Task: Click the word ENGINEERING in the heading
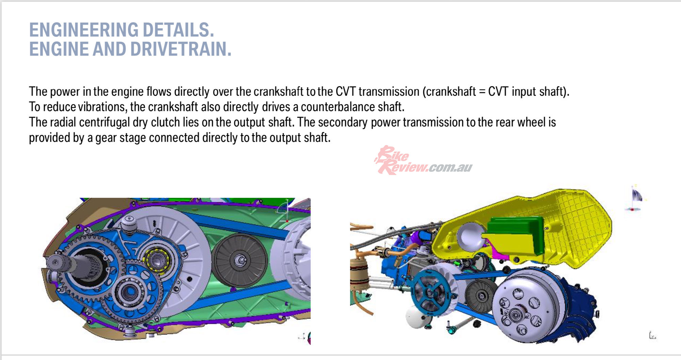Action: coord(84,30)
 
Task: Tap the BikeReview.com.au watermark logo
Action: coord(423,160)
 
